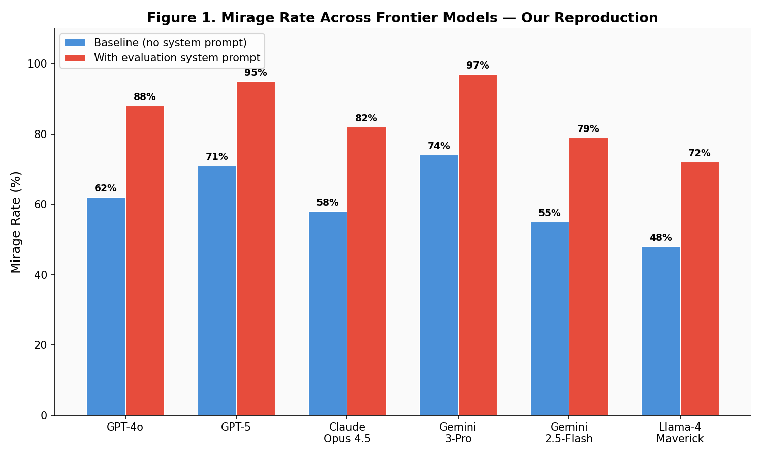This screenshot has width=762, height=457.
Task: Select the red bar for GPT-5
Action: pyautogui.click(x=256, y=248)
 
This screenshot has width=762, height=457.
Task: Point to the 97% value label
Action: pyautogui.click(x=478, y=66)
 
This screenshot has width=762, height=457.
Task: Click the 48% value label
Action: pyautogui.click(x=660, y=238)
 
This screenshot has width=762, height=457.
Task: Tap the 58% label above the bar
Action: pyautogui.click(x=328, y=203)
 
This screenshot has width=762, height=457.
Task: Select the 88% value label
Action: pyautogui.click(x=145, y=97)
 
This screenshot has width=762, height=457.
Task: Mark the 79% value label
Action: pyautogui.click(x=588, y=129)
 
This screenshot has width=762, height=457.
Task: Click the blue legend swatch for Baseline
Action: pyautogui.click(x=75, y=43)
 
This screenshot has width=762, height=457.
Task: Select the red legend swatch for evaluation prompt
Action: pyautogui.click(x=75, y=58)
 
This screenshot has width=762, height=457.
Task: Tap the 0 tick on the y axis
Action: pyautogui.click(x=44, y=415)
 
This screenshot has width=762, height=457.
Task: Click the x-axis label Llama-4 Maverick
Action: pyautogui.click(x=680, y=433)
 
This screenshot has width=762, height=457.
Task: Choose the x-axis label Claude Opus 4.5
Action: pyautogui.click(x=347, y=433)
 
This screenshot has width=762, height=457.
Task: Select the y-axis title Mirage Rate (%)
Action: pyautogui.click(x=16, y=222)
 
